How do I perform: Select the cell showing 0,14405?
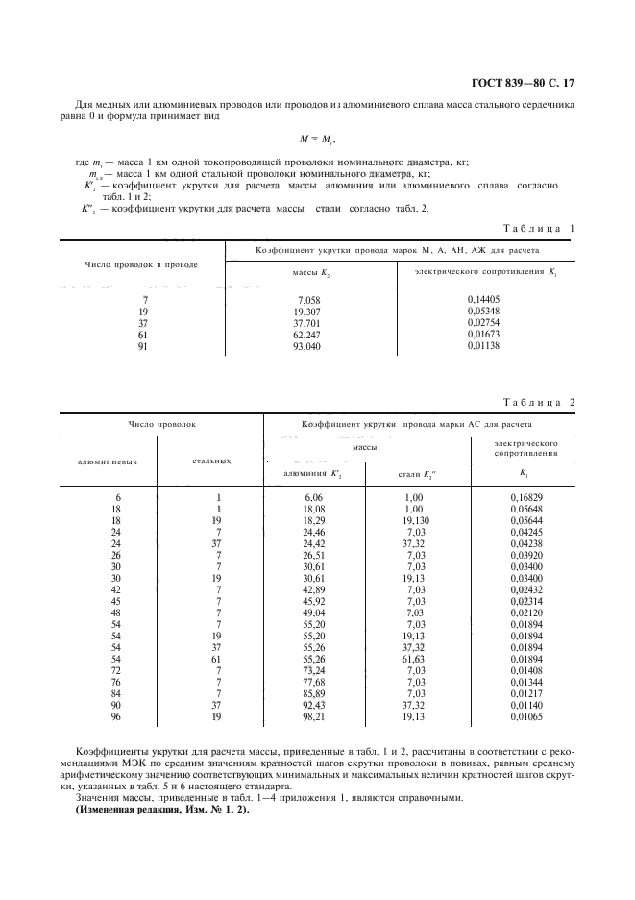(486, 299)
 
